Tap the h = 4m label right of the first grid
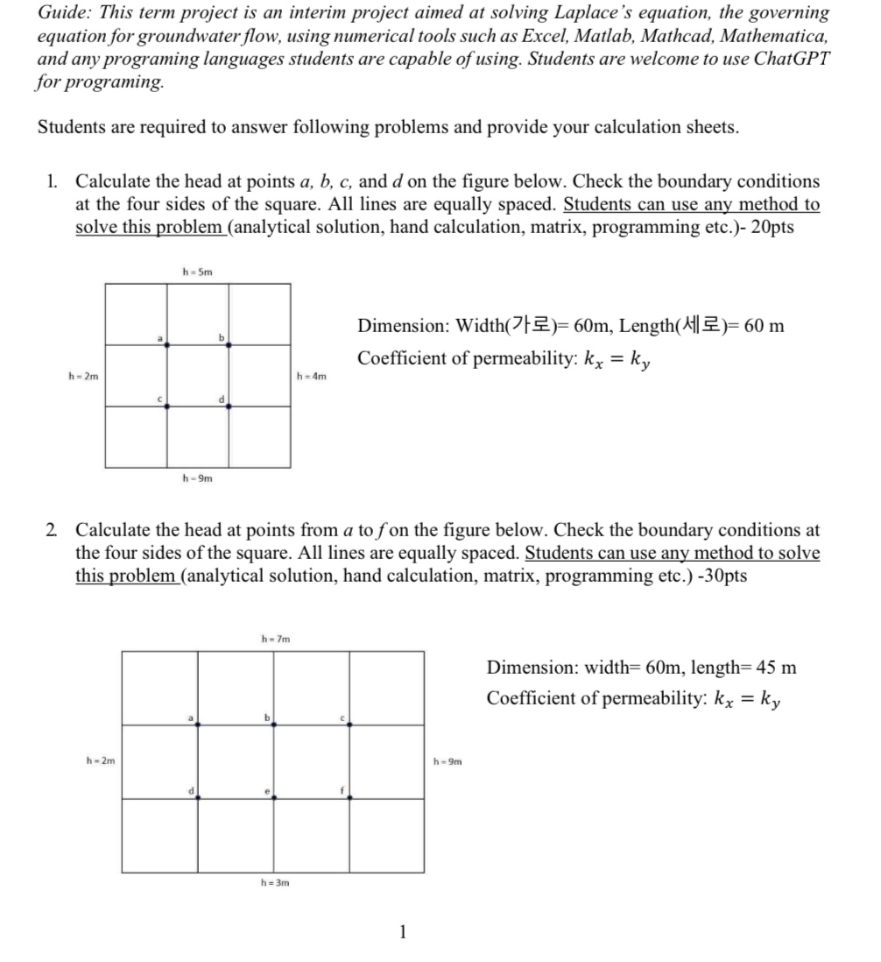[x=313, y=377]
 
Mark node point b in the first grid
[x=229, y=345]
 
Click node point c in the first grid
[x=167, y=406]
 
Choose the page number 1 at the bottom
[x=403, y=931]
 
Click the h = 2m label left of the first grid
[x=83, y=377]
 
